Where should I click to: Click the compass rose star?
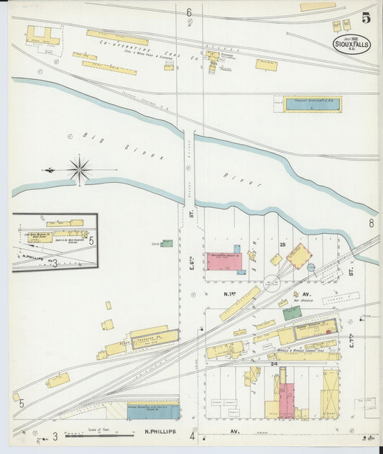[79, 170]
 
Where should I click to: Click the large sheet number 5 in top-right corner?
[366, 19]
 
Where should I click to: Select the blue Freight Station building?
[313, 104]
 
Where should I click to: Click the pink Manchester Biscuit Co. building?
[226, 260]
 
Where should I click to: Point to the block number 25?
[284, 245]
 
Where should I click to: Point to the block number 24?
[273, 364]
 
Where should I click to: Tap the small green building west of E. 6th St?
[167, 243]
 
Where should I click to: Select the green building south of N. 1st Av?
[292, 313]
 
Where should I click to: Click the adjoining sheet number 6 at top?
[189, 12]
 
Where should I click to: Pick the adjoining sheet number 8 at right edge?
[372, 223]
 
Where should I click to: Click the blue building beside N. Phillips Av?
[153, 412]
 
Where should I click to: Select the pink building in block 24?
[286, 399]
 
